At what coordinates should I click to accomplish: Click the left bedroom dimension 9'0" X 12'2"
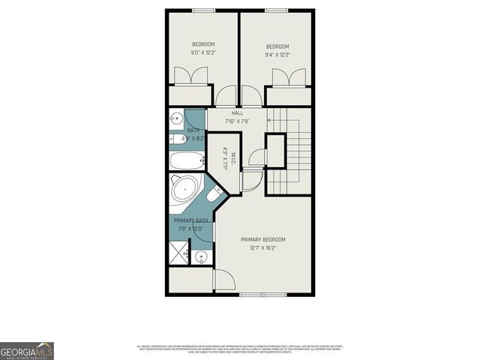(203, 53)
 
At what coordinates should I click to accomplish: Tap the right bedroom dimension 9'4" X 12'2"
(277, 54)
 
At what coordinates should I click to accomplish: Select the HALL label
(237, 113)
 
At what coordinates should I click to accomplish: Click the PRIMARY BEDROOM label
(262, 240)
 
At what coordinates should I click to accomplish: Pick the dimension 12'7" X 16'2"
(262, 248)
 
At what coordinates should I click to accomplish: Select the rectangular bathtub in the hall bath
(186, 160)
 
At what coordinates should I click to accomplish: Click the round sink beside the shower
(201, 257)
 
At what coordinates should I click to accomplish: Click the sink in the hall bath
(175, 118)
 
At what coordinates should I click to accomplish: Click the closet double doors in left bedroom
(190, 77)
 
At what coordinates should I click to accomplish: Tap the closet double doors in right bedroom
(289, 78)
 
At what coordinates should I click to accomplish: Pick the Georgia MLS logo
(27, 351)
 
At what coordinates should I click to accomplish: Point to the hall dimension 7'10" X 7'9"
(237, 121)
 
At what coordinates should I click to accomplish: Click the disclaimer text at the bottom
(240, 349)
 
